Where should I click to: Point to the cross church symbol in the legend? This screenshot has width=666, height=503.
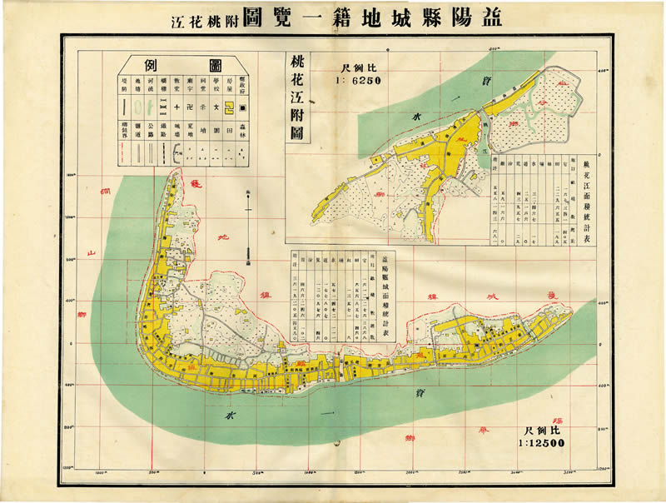pos(176,107)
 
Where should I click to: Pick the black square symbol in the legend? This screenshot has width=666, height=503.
pos(242,107)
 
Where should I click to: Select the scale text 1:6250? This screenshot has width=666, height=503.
pos(359,81)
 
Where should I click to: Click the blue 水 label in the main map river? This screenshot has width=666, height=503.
pos(229,412)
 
